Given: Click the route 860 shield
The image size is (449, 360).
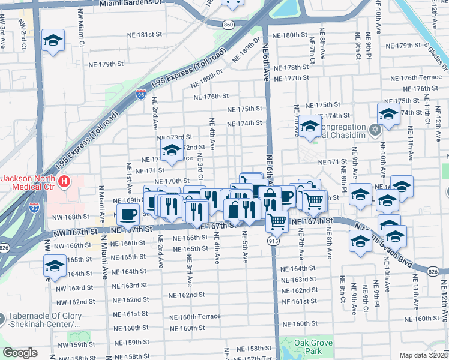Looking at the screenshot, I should point(228,24).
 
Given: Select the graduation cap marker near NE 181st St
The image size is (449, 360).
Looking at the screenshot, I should point(53,41).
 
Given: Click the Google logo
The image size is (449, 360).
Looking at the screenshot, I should point(20,353).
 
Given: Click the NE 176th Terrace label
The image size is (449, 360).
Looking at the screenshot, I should point(416,78).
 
